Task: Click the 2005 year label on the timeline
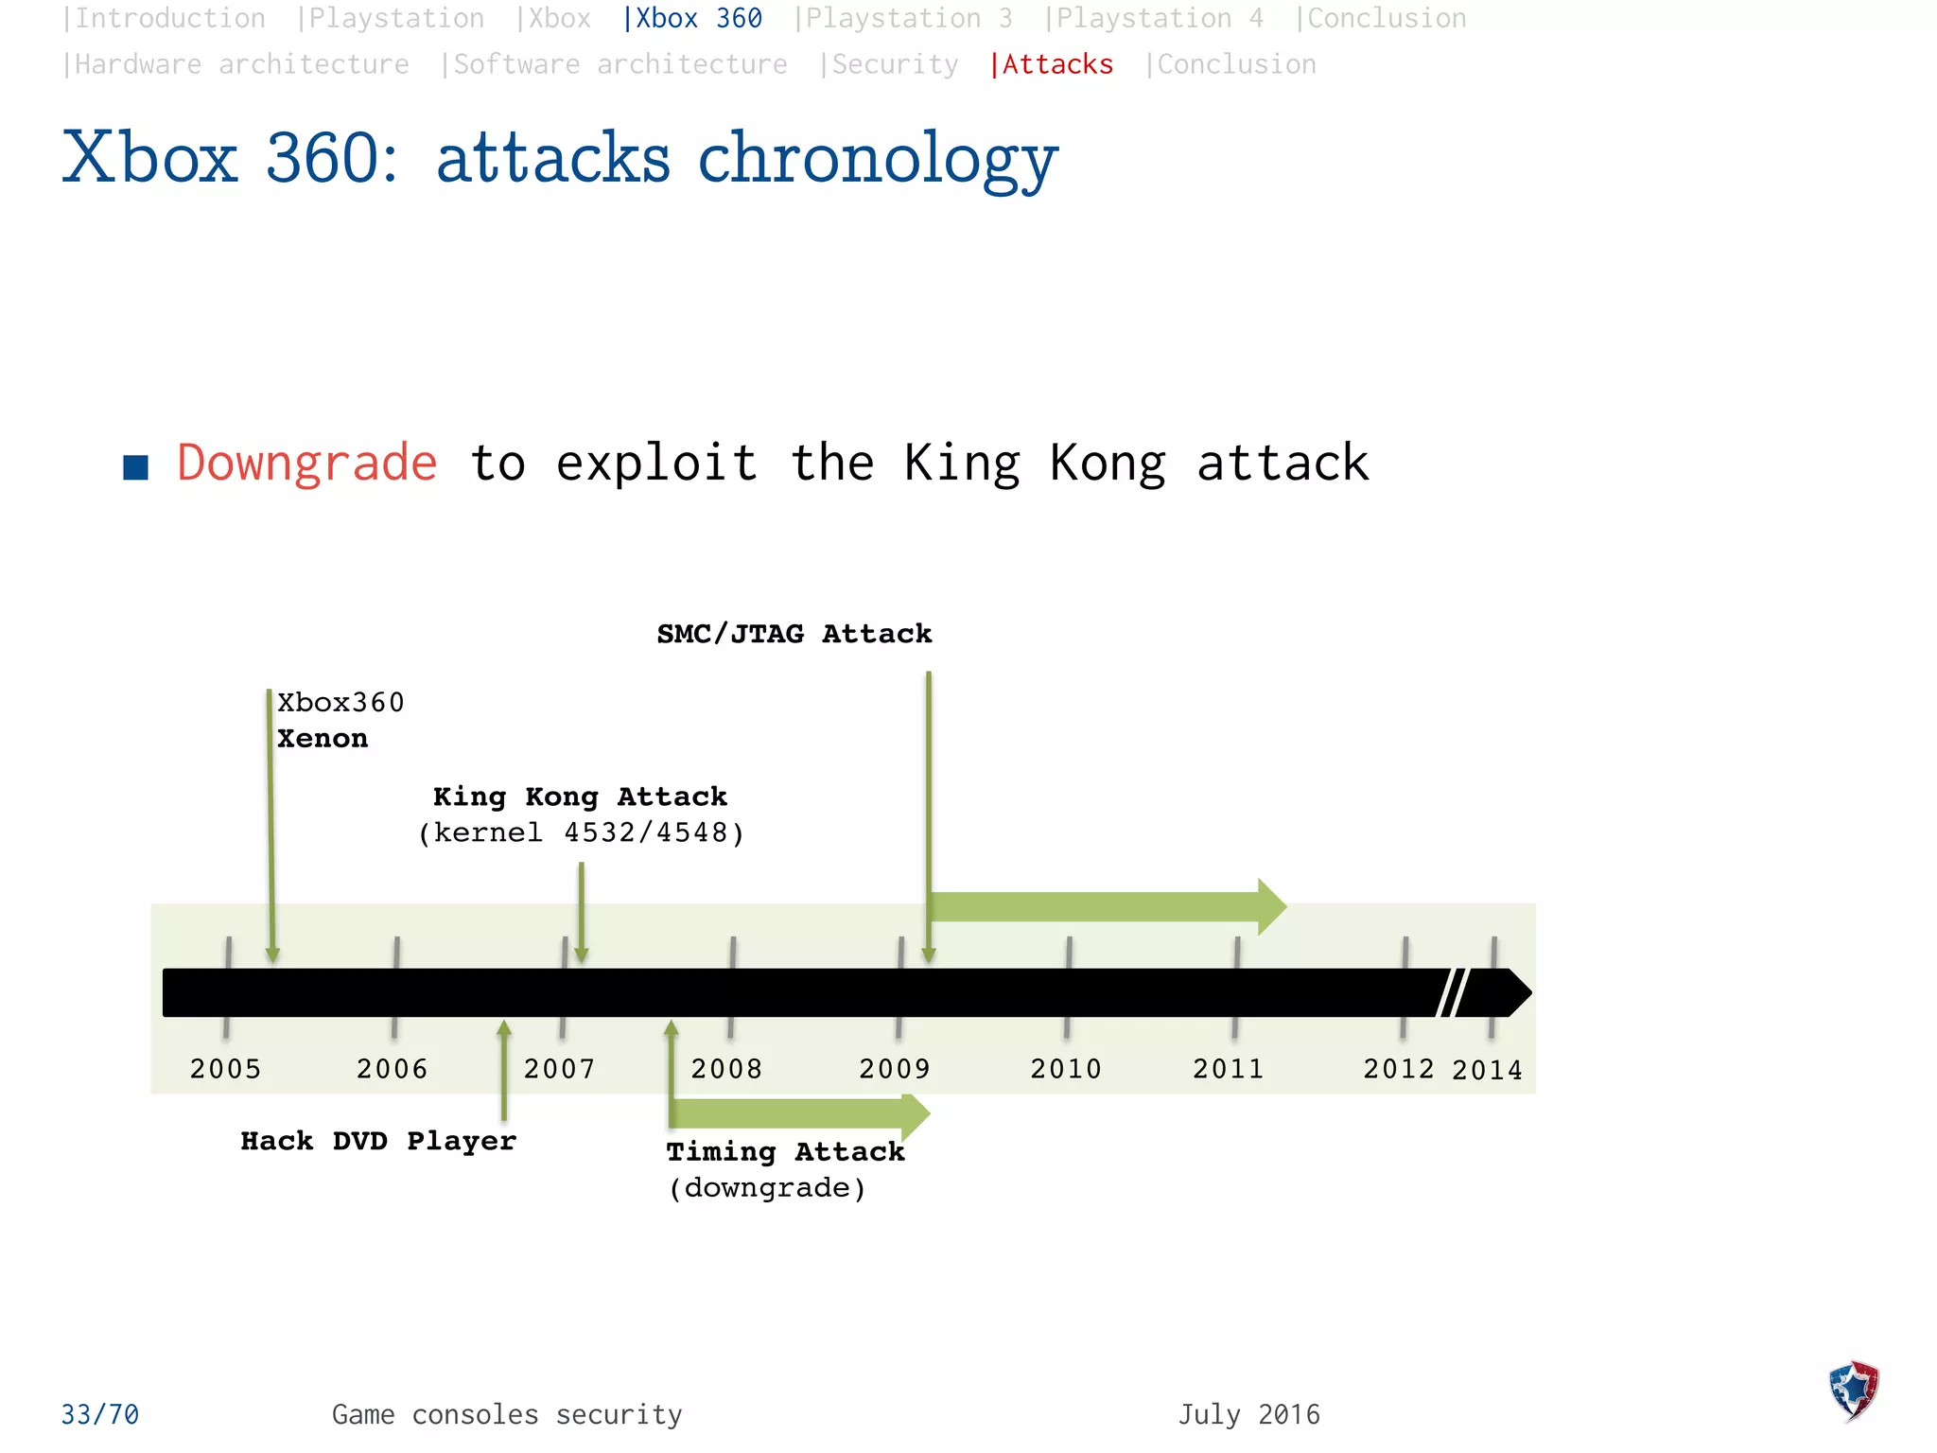(x=225, y=1069)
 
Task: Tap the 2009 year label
(x=895, y=1069)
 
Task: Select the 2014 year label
(x=1487, y=1070)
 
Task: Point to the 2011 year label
(x=1229, y=1069)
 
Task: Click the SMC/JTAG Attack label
(x=794, y=634)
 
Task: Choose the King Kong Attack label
(x=580, y=797)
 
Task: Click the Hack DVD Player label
(x=378, y=1141)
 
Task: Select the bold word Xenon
(x=323, y=739)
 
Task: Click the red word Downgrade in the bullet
(x=307, y=464)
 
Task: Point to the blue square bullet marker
(x=136, y=467)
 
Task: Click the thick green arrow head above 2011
(x=1271, y=906)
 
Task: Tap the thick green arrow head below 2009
(x=915, y=1116)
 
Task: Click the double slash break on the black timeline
(x=1452, y=992)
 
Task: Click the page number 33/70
(x=100, y=1414)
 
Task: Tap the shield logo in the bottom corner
(x=1854, y=1391)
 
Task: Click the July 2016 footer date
(x=1248, y=1414)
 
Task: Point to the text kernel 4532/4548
(x=582, y=832)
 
